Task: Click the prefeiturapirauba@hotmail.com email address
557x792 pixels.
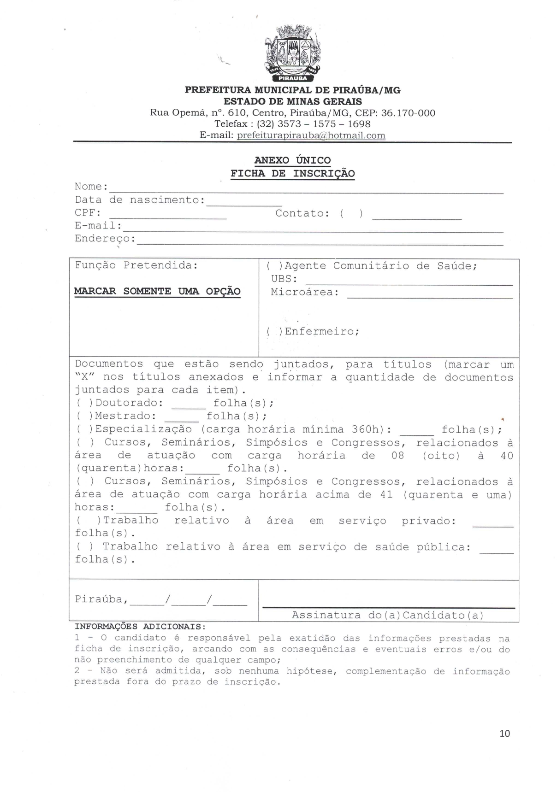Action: (x=311, y=135)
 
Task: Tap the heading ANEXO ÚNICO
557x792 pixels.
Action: (x=293, y=160)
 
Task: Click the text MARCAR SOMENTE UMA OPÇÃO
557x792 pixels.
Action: (x=157, y=291)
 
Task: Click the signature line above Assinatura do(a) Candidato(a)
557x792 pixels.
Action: (x=388, y=607)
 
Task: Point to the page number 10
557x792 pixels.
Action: (x=504, y=733)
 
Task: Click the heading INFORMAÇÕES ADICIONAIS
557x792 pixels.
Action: (x=140, y=627)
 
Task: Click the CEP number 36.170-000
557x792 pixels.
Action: (x=409, y=113)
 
